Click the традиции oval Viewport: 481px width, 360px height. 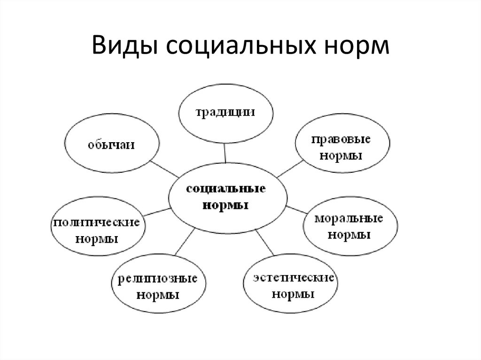coord(225,113)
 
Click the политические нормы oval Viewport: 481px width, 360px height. coord(96,230)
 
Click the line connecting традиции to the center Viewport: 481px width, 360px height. coord(226,153)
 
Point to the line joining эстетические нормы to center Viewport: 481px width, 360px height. coord(267,243)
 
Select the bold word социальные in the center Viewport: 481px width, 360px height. coord(226,190)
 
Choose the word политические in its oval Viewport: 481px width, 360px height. coord(96,222)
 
